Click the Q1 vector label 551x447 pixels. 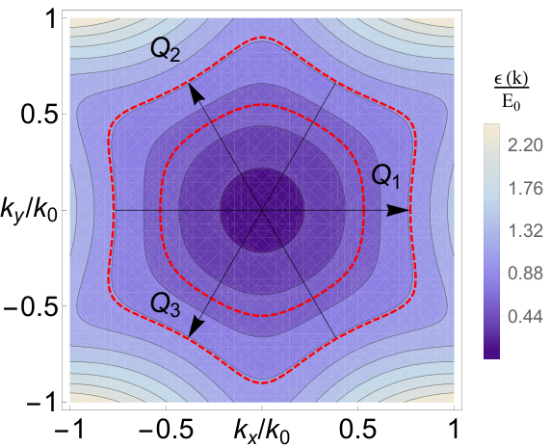coord(385,176)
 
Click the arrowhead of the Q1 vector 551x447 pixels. coord(399,211)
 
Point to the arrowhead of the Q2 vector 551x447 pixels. coord(197,92)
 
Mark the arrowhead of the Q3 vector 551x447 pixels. coord(197,328)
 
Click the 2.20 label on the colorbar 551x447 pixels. coord(525,145)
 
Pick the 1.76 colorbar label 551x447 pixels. coord(525,189)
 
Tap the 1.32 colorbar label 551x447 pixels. coord(525,231)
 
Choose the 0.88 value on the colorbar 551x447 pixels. coord(525,275)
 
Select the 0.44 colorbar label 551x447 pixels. coord(525,317)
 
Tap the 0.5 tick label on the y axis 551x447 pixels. coord(39,115)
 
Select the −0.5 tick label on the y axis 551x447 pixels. coord(30,306)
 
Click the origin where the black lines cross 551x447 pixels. coord(262,211)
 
